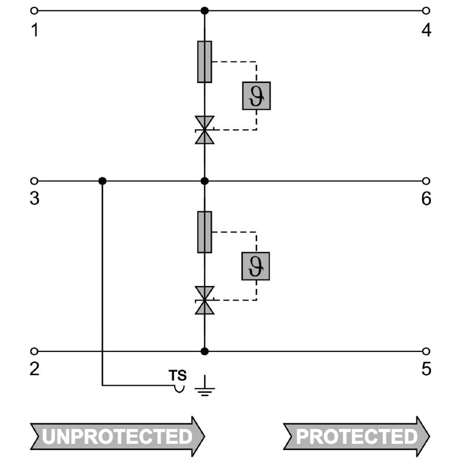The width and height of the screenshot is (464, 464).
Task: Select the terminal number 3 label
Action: [35, 199]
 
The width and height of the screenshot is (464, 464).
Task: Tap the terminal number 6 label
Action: [426, 199]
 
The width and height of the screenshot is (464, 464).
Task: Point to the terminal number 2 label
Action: [35, 369]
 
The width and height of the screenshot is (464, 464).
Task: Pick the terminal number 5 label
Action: [426, 369]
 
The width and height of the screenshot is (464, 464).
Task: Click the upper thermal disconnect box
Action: [256, 96]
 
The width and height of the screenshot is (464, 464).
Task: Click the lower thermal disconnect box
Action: [256, 266]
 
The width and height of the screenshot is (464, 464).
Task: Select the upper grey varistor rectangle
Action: [204, 62]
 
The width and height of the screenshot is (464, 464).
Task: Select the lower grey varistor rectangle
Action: [204, 232]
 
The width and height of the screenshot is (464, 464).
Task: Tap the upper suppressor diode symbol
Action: [204, 130]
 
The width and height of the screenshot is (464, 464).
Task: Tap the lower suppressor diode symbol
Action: [204, 300]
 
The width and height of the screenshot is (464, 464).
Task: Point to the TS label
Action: [177, 375]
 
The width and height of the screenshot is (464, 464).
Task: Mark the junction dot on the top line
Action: [204, 10]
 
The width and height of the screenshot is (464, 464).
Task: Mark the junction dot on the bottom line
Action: [204, 351]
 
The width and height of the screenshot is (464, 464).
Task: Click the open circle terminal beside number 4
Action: [426, 10]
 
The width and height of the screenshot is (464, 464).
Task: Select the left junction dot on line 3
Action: [103, 181]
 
